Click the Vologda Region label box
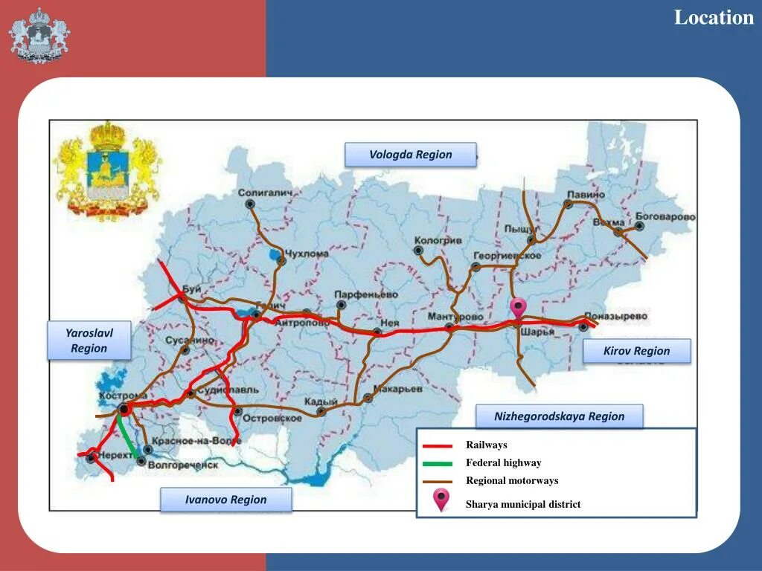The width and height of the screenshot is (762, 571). click(410, 155)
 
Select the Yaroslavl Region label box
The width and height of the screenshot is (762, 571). click(89, 341)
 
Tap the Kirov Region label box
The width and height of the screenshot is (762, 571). click(636, 351)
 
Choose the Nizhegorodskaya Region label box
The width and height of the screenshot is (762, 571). click(559, 416)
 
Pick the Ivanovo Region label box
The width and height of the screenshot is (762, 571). click(226, 500)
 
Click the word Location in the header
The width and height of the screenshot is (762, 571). click(714, 17)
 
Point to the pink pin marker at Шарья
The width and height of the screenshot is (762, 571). click(517, 307)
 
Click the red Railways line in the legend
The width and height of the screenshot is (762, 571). click(438, 446)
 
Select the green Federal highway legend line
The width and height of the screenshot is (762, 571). click(438, 462)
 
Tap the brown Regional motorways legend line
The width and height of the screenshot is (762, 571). click(438, 481)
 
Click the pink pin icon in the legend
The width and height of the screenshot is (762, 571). click(442, 500)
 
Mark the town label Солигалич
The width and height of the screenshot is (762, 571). click(266, 193)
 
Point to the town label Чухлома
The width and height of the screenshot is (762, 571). click(307, 254)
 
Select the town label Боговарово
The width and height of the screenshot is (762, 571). click(665, 217)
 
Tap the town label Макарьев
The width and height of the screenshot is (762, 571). click(397, 388)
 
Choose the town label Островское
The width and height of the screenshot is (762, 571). click(273, 418)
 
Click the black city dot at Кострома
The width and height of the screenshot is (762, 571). click(124, 408)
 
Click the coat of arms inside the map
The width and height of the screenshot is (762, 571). click(108, 170)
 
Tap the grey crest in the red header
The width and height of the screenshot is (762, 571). click(40, 34)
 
